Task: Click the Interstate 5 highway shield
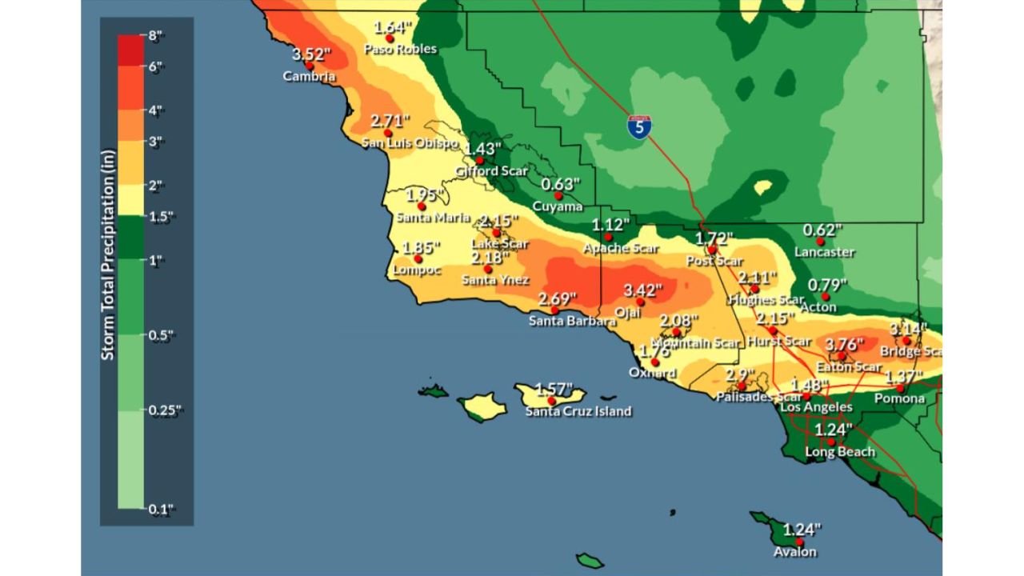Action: pyautogui.click(x=638, y=126)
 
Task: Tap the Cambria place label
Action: pyautogui.click(x=309, y=77)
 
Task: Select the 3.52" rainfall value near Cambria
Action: pyautogui.click(x=310, y=54)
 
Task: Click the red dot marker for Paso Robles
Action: pyautogui.click(x=390, y=38)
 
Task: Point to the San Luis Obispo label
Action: pyautogui.click(x=410, y=143)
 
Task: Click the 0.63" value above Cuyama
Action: pyautogui.click(x=561, y=184)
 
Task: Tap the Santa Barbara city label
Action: pyautogui.click(x=572, y=321)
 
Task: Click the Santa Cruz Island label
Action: pyautogui.click(x=578, y=411)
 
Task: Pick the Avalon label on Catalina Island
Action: pyautogui.click(x=795, y=552)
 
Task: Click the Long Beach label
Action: pyautogui.click(x=839, y=452)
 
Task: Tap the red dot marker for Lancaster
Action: pyautogui.click(x=820, y=241)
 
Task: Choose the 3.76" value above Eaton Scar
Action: pyautogui.click(x=845, y=345)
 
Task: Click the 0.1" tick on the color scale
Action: pyautogui.click(x=160, y=508)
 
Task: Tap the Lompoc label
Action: pyautogui.click(x=416, y=270)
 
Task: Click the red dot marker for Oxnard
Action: pyautogui.click(x=655, y=362)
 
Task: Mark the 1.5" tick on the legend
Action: pyautogui.click(x=160, y=217)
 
